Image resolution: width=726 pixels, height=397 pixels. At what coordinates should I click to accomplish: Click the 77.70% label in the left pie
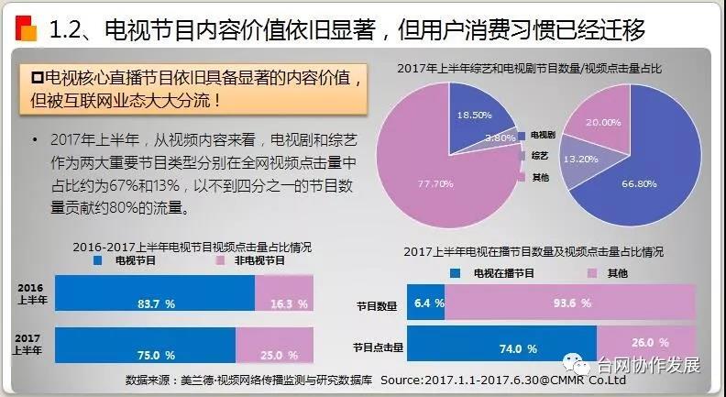[x=411, y=184]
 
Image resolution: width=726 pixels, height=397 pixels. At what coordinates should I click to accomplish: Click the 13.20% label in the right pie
[x=580, y=158]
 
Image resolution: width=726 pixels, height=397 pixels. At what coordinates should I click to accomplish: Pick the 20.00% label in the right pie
[x=604, y=122]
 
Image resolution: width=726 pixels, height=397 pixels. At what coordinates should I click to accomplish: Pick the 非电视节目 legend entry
[x=247, y=261]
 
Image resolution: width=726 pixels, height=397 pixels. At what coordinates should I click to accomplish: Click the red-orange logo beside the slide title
[x=26, y=28]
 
